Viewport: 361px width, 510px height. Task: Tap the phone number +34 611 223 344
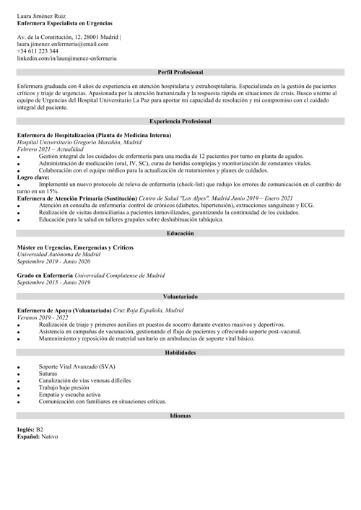point(38,51)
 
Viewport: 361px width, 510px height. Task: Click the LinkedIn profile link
point(66,58)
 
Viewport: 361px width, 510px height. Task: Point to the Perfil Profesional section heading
point(180,73)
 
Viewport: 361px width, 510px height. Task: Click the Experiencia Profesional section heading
point(180,122)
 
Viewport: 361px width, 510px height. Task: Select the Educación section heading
point(180,234)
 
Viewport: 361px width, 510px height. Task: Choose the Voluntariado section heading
point(180,296)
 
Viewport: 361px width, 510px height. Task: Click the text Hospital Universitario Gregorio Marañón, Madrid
point(79,142)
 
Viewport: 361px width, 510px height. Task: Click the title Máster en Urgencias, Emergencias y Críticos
point(75,247)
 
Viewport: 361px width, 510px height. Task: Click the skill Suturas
point(49,374)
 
